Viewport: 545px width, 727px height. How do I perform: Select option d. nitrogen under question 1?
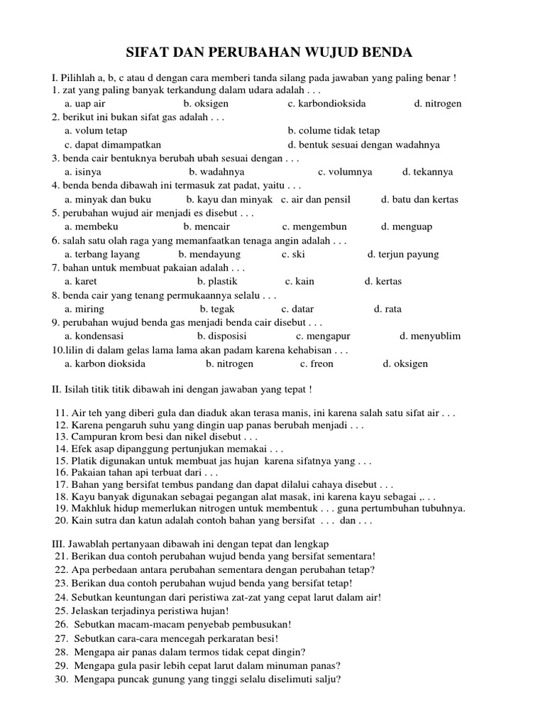click(x=437, y=104)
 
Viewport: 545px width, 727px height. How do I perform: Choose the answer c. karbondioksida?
click(x=326, y=104)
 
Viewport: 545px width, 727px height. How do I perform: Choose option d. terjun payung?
click(x=403, y=254)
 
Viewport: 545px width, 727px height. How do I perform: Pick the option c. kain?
click(x=299, y=281)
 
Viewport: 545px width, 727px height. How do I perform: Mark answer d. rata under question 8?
click(x=387, y=309)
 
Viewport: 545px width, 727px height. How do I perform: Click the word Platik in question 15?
click(x=84, y=461)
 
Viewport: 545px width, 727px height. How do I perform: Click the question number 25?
click(x=60, y=611)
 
